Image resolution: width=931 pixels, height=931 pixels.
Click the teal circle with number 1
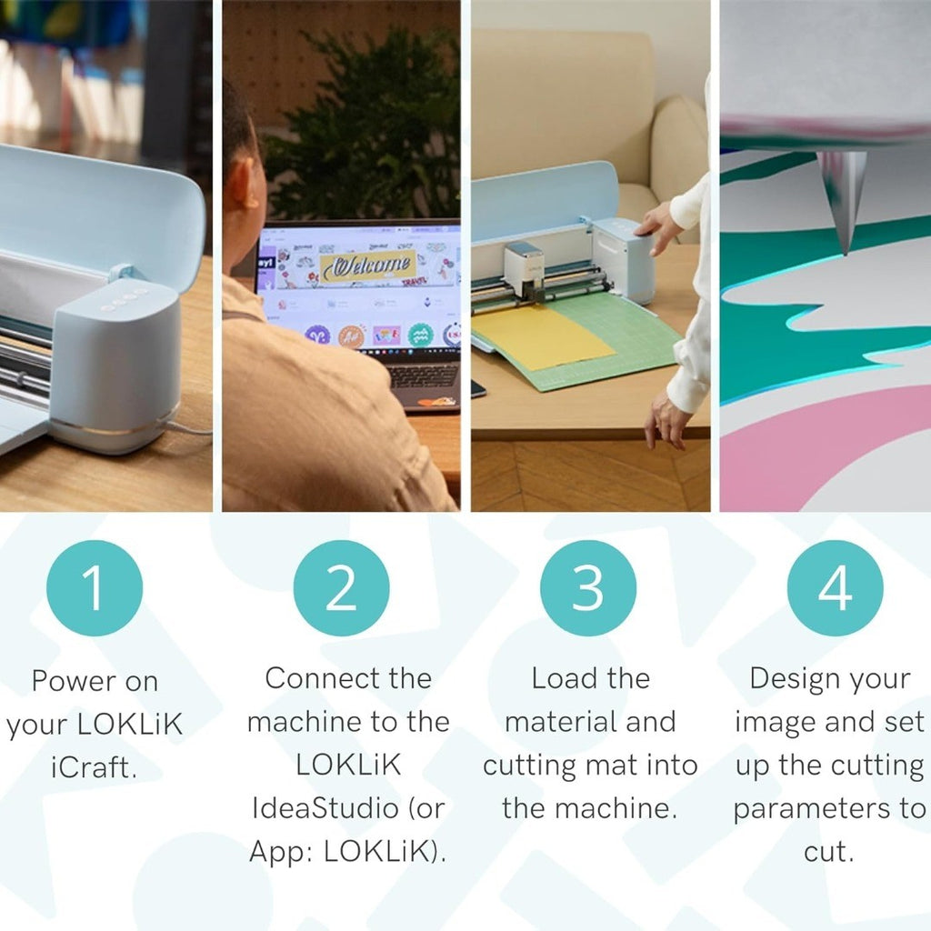[x=95, y=588]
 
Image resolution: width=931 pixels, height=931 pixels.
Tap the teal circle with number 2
[x=342, y=588]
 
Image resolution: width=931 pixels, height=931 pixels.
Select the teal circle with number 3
[x=588, y=588]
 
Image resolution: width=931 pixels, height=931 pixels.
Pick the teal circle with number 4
[x=835, y=588]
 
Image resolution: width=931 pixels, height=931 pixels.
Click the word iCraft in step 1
[x=94, y=767]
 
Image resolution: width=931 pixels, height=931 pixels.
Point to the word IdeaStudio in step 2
[x=321, y=808]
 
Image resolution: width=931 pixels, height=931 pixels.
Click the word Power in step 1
[x=65, y=681]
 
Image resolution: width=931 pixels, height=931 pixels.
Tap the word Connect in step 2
[x=323, y=678]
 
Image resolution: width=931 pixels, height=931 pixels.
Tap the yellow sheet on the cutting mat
[x=542, y=336]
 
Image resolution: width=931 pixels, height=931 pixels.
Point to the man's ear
[x=242, y=184]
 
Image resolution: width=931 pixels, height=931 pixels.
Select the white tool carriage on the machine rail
[x=524, y=270]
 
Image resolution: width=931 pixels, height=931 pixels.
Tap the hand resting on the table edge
[x=668, y=421]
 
